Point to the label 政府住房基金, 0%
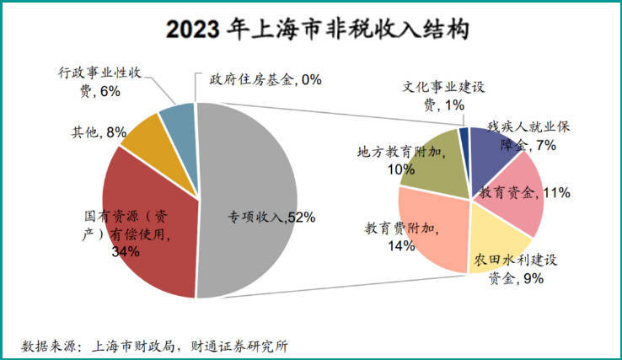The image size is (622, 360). pyautogui.click(x=265, y=79)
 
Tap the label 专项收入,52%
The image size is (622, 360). pyautogui.click(x=271, y=217)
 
